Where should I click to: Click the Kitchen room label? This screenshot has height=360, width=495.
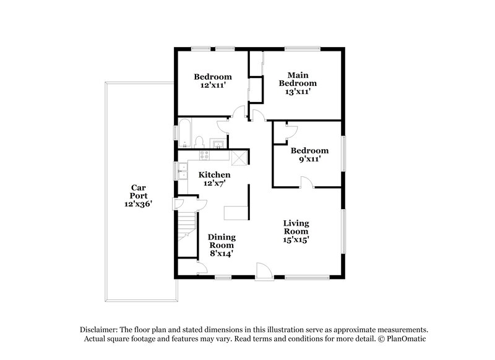(214, 175)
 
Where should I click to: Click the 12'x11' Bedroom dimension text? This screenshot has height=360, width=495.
(212, 86)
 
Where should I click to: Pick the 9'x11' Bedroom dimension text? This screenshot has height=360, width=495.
(309, 159)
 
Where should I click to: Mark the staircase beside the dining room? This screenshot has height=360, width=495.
(185, 229)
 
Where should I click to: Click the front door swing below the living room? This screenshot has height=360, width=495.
(263, 272)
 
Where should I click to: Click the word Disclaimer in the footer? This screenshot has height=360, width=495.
(98, 331)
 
